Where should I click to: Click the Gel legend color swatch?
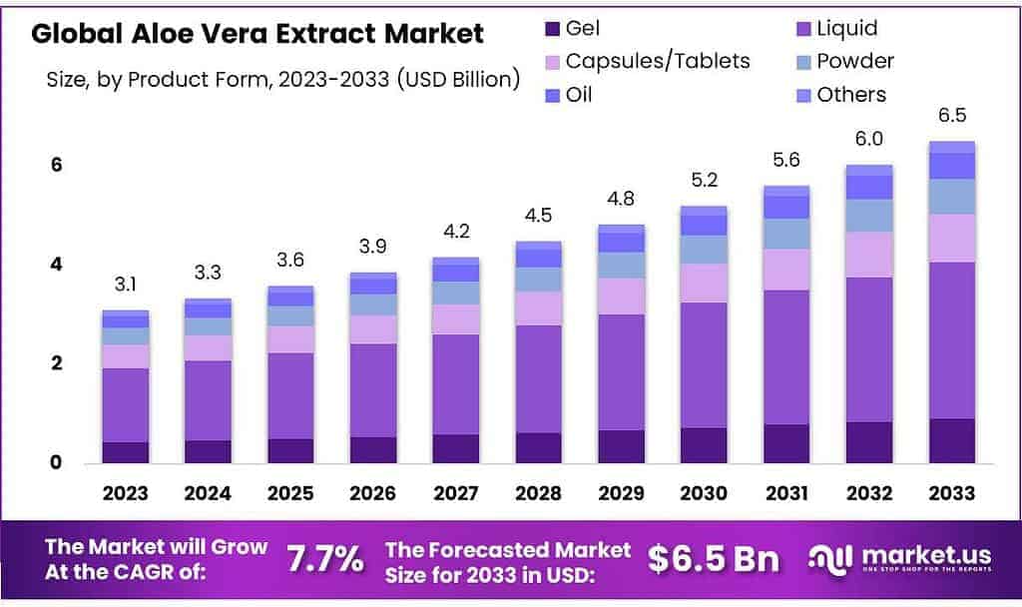pyautogui.click(x=548, y=29)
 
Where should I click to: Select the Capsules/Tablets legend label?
pyautogui.click(x=657, y=61)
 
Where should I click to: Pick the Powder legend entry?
pyautogui.click(x=854, y=61)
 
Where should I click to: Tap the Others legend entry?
pyautogui.click(x=850, y=95)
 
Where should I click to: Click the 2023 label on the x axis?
pyautogui.click(x=125, y=493)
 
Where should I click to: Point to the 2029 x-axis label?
pyautogui.click(x=621, y=493)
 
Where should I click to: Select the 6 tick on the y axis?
pyautogui.click(x=57, y=165)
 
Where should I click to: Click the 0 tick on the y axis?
pyautogui.click(x=57, y=462)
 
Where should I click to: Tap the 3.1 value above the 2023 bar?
pyautogui.click(x=125, y=286)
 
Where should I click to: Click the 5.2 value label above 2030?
pyautogui.click(x=704, y=181)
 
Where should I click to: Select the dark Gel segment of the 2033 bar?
pyautogui.click(x=951, y=440)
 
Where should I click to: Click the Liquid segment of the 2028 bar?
pyautogui.click(x=538, y=378)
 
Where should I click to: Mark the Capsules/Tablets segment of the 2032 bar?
pyautogui.click(x=869, y=254)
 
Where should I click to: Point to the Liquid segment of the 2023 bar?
pyautogui.click(x=125, y=404)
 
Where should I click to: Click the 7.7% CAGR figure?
pyautogui.click(x=325, y=559)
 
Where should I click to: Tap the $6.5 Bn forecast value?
pyautogui.click(x=713, y=559)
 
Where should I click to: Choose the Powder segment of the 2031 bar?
pyautogui.click(x=786, y=234)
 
